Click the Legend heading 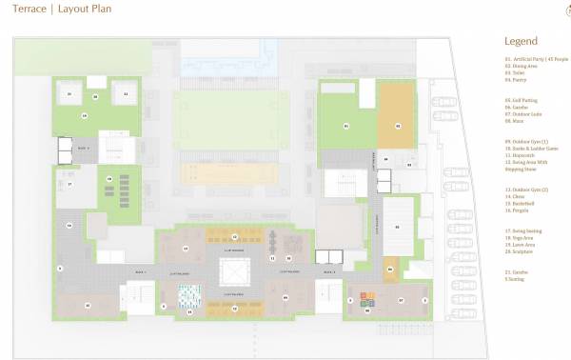(521, 42)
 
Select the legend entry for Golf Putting (524, 99)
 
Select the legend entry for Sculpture (524, 251)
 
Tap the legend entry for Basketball (524, 203)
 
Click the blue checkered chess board (190, 298)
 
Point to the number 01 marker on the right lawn (346, 126)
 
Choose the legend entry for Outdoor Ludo (526, 113)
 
